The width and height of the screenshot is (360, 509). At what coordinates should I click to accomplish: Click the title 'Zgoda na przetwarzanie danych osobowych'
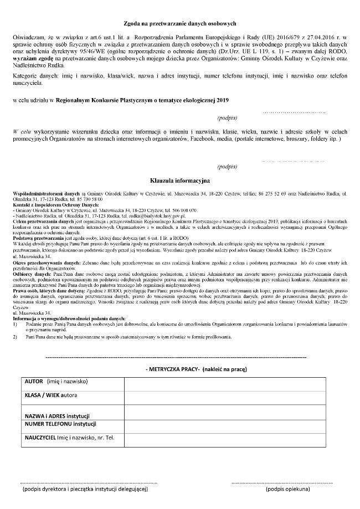[180, 23]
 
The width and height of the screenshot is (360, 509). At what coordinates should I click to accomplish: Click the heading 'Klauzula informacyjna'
[180, 180]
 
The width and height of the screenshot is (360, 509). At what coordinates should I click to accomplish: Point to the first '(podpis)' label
[227, 118]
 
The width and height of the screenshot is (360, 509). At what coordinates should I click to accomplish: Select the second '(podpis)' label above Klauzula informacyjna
[227, 166]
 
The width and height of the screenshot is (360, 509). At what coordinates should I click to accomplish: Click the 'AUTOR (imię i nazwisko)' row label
[56, 382]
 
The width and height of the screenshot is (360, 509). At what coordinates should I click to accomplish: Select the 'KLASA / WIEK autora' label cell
[52, 395]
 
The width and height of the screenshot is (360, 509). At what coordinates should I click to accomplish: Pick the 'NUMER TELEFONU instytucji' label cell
[60, 424]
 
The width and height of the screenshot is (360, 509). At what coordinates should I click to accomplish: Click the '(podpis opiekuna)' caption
[287, 490]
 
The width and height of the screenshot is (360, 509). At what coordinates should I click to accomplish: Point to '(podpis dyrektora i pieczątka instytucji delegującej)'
[85, 490]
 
